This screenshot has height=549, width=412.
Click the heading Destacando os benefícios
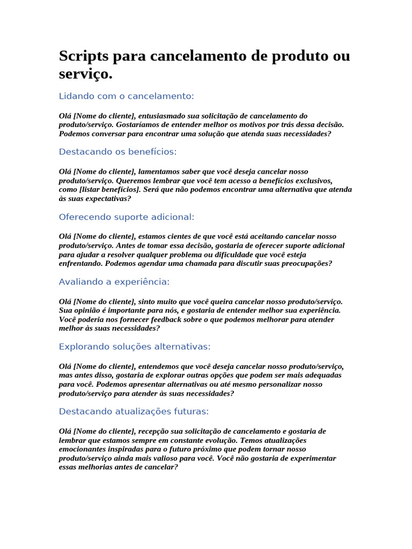(117, 152)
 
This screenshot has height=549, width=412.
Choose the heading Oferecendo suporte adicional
(127, 217)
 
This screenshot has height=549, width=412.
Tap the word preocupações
(304, 264)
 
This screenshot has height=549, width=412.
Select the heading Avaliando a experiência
(114, 282)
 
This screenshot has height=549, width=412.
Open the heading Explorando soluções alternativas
(135, 347)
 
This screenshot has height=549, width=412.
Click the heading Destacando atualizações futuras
(134, 412)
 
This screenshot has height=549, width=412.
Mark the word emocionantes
(83, 449)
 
